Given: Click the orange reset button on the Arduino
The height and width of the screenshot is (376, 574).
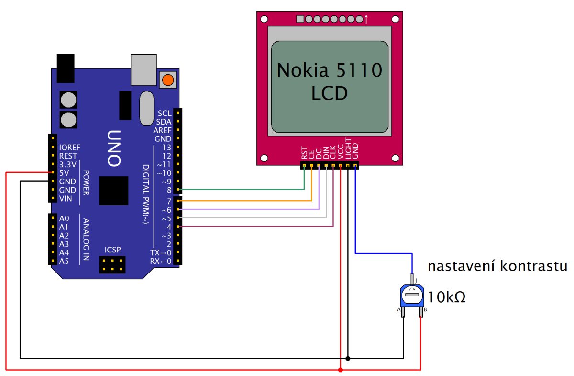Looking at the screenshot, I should (167, 80).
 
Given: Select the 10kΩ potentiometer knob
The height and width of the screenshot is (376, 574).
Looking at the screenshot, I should (411, 295).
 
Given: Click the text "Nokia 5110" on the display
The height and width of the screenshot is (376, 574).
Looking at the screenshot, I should (330, 71).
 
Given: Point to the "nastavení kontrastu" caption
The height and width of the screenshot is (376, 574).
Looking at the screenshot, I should (497, 266).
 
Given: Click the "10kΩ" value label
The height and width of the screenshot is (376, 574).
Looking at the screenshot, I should (447, 297).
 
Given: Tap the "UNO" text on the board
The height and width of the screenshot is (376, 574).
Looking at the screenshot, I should (113, 148).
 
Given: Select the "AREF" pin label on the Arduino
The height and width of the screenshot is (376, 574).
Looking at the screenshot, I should (162, 130).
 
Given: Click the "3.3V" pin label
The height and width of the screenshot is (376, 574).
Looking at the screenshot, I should (67, 164).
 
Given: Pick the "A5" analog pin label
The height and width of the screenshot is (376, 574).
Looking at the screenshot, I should (64, 261).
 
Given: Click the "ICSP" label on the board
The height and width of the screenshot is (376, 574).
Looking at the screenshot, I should (112, 249).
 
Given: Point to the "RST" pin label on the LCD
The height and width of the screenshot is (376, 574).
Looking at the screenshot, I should (304, 153).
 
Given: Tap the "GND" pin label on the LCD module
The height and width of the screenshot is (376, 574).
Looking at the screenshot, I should (355, 152).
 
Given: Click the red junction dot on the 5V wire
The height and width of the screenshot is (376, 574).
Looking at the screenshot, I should (340, 370).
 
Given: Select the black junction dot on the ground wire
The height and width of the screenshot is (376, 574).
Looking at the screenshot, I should (348, 358).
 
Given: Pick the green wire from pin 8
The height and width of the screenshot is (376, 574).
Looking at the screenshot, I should (239, 190).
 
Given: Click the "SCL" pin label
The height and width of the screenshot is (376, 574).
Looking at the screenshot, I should (164, 114).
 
